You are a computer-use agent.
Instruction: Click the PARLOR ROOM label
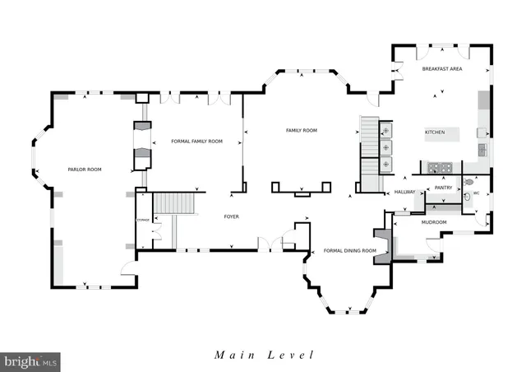(85, 170)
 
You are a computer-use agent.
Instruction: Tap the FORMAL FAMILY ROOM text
(196, 142)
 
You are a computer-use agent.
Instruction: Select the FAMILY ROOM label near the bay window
(301, 131)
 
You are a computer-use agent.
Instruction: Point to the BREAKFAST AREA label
(442, 70)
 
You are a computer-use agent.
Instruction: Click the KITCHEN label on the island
(434, 133)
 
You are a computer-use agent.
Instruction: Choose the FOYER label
(232, 216)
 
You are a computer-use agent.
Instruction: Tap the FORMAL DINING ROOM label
(349, 250)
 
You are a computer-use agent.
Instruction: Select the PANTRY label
(444, 188)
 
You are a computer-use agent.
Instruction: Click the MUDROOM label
(433, 222)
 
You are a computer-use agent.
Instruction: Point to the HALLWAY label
(405, 192)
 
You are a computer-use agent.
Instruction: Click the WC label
(475, 195)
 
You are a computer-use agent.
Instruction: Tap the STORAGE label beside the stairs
(143, 221)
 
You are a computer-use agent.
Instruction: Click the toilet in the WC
(469, 183)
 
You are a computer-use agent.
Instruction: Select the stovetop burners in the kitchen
(438, 168)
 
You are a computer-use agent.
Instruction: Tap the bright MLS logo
(31, 360)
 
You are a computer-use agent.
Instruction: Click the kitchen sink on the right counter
(482, 150)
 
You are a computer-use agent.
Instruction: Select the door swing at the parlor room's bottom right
(126, 267)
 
